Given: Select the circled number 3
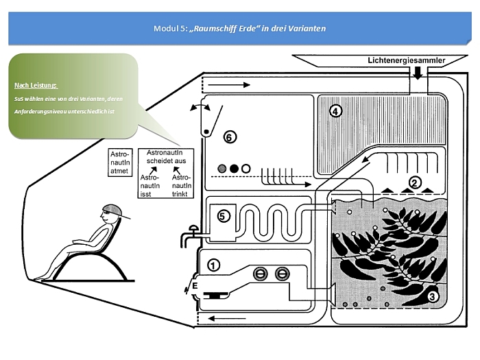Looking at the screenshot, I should click(433, 297).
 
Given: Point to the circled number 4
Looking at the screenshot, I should click(335, 110).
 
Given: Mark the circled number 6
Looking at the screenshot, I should click(230, 137).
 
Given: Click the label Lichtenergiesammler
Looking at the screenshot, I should click(406, 60).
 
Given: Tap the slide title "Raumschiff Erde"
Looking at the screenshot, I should click(239, 29).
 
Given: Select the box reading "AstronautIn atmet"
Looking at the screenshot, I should click(120, 163).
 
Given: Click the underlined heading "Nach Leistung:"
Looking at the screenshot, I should click(36, 86).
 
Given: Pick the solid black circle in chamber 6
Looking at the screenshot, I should click(234, 168).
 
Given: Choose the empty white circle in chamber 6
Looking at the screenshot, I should click(245, 168).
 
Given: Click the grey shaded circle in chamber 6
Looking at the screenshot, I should click(222, 168).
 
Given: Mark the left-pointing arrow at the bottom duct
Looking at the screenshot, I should click(221, 318).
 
